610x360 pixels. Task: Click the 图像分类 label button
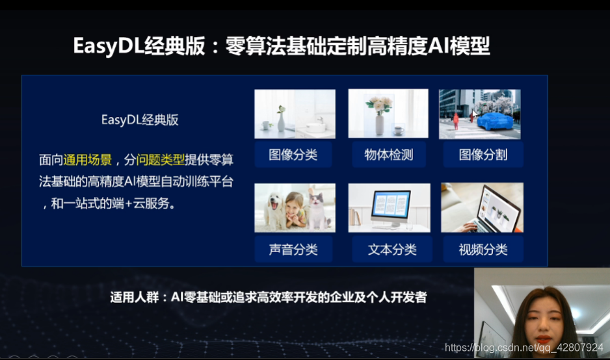293,155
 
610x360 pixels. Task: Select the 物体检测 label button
389,155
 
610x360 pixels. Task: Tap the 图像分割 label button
483,155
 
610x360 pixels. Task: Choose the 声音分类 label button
293,249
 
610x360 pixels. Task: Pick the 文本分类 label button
392,249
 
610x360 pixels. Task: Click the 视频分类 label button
483,249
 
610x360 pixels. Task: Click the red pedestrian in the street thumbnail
456,121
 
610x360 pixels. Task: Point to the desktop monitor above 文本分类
391,209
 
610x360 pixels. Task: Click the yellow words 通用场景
88,160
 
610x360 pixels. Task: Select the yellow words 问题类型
160,160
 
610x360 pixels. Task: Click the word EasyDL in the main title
108,46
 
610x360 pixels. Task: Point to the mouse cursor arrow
474,114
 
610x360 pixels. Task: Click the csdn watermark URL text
524,347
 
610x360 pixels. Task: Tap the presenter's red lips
543,338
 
